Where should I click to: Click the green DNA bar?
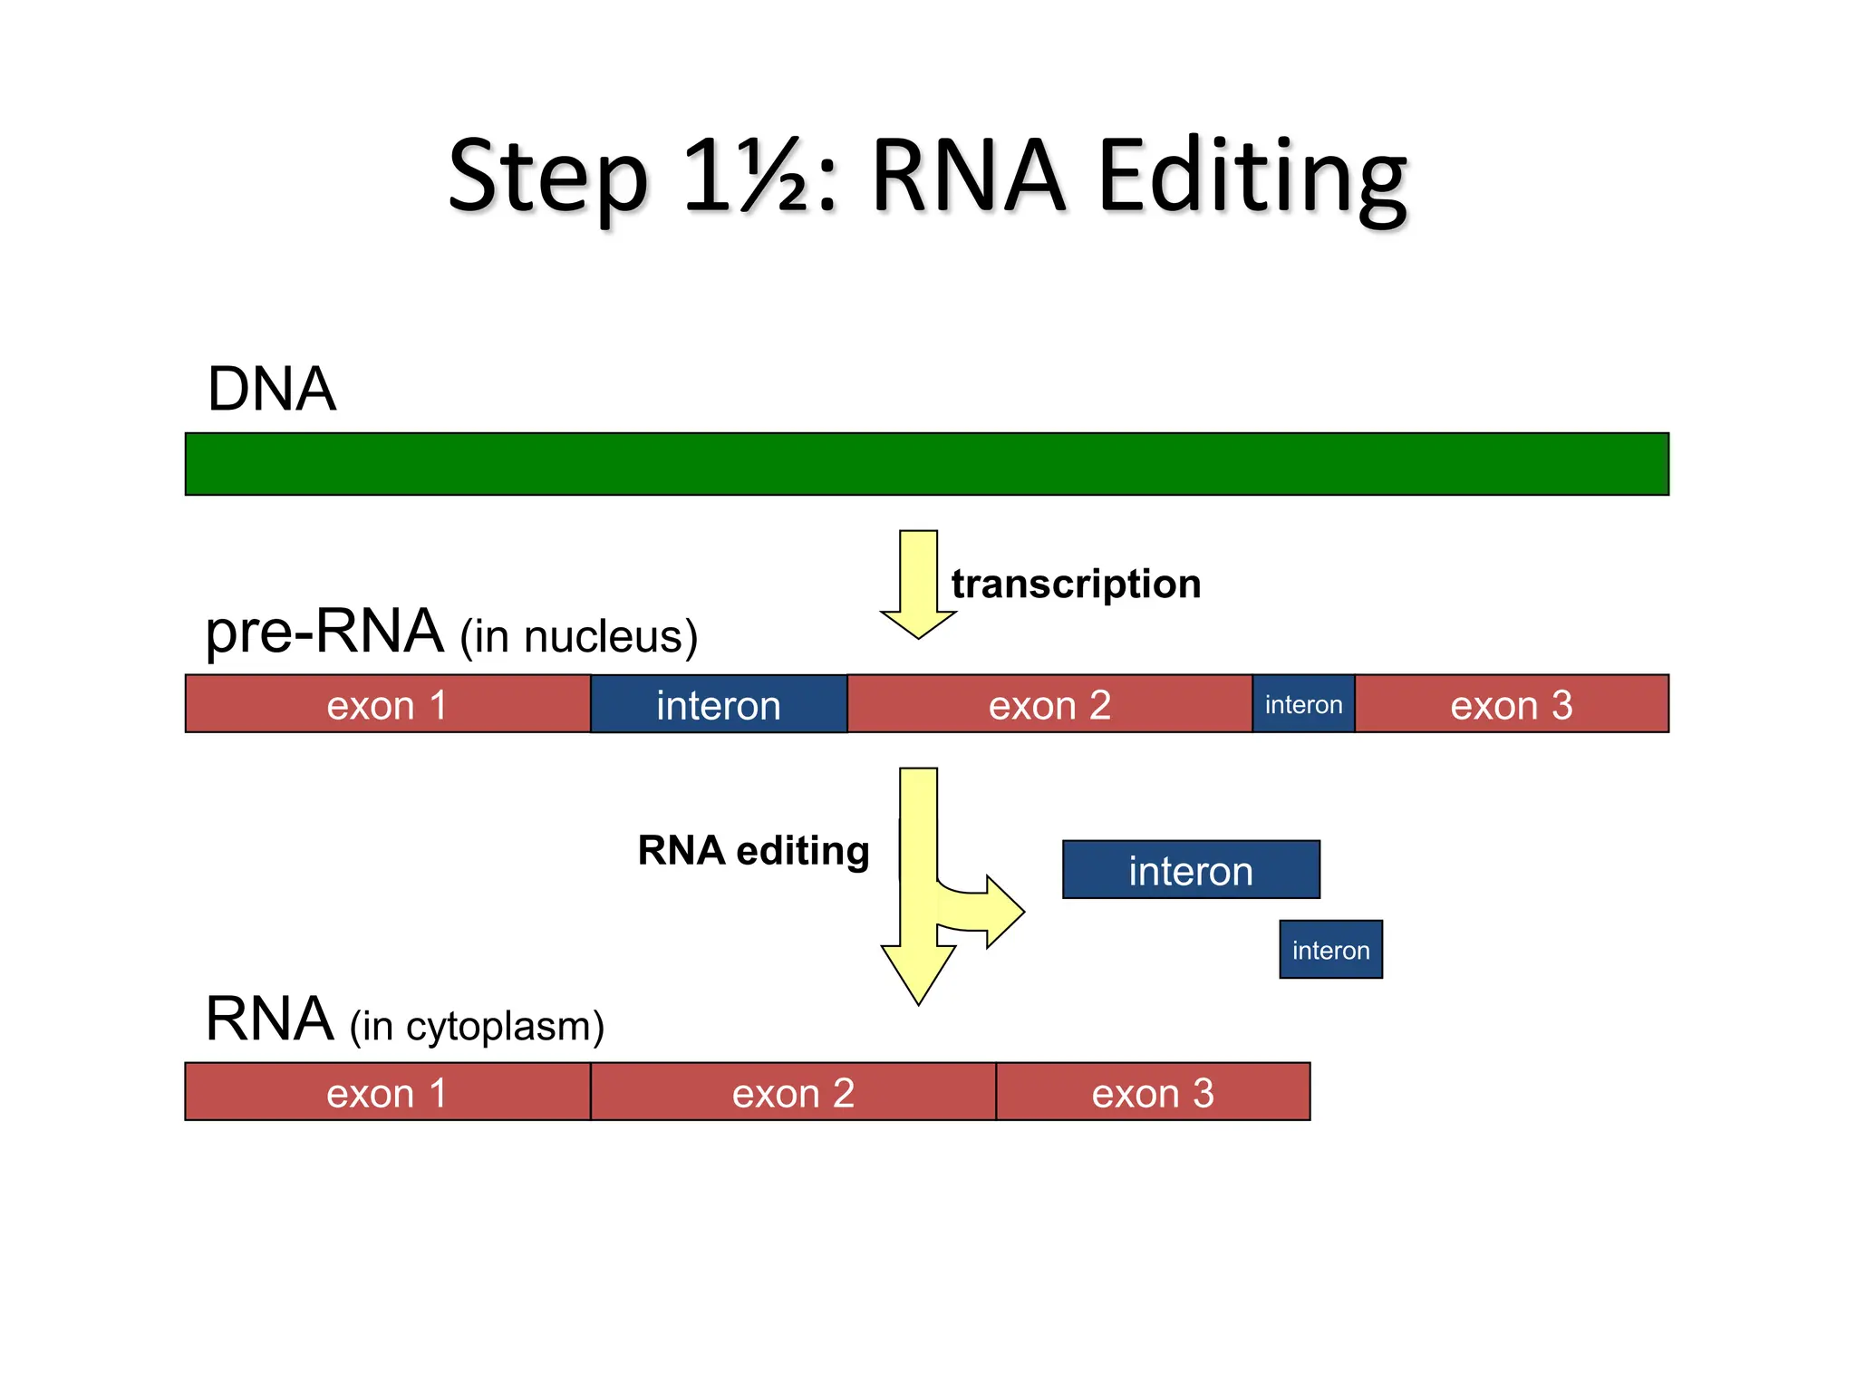[926, 464]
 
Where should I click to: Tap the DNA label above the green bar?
[271, 389]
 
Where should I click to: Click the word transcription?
[1076, 584]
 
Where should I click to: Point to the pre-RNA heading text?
[324, 632]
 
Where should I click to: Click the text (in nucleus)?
[578, 636]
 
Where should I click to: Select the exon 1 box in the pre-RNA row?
[388, 704]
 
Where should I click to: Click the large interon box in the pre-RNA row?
[719, 704]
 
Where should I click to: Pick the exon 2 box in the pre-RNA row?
[1049, 704]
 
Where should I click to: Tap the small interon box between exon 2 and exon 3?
[1303, 704]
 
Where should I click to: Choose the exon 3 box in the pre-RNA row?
[1511, 704]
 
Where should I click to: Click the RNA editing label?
[753, 850]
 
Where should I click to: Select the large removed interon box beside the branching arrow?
[1191, 870]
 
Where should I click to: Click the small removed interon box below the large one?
[1330, 950]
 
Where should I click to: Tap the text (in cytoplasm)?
[477, 1026]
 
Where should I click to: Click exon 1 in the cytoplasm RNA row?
[388, 1092]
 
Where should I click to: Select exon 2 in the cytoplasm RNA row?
[793, 1092]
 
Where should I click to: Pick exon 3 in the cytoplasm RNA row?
[1153, 1092]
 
